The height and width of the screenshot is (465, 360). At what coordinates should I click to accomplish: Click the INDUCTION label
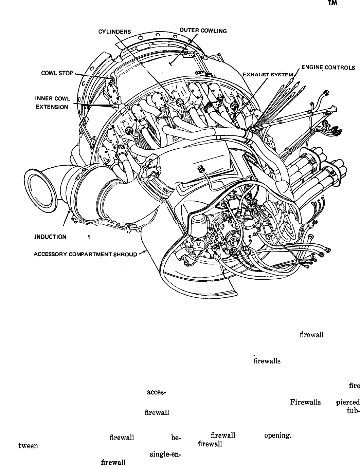(51, 237)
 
